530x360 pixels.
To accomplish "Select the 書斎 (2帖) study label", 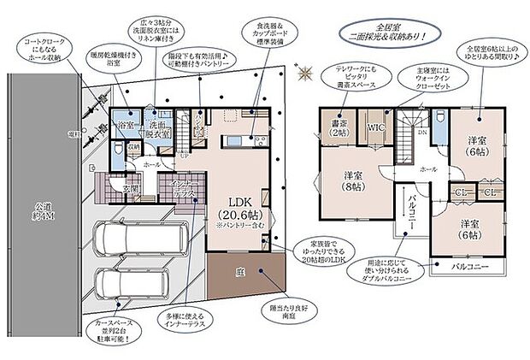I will pos(339,129).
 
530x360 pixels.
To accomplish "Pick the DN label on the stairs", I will pos(421,133).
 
